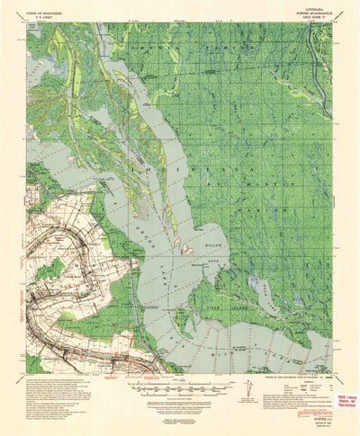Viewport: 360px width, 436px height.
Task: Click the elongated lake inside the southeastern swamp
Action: point(266,293)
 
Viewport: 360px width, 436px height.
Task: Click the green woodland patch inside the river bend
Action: point(50,269)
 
